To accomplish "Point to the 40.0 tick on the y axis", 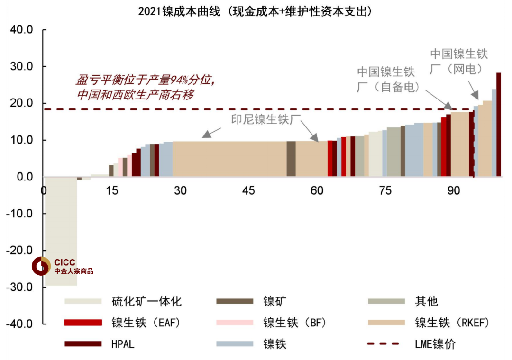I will pos(21,29).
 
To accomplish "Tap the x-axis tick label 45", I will pos(248,190).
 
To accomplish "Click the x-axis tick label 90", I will pos(454,190).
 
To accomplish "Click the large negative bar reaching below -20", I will pos(61,227).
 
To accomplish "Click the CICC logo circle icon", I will pos(41,266).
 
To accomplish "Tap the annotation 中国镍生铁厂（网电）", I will pos(459,61).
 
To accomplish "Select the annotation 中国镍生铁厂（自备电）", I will pos(386,80).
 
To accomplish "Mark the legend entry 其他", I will pos(426,301).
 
